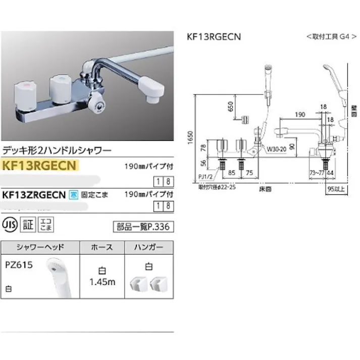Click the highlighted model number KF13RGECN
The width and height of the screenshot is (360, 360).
click(x=39, y=165)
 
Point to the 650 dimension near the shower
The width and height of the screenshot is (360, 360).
click(x=230, y=107)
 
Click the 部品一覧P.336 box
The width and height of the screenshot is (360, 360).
click(x=143, y=227)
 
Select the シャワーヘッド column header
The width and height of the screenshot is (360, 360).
click(x=40, y=247)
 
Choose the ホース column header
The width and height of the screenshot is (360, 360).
click(x=101, y=247)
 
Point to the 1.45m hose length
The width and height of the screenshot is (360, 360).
click(x=102, y=282)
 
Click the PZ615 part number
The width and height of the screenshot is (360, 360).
click(x=18, y=264)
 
